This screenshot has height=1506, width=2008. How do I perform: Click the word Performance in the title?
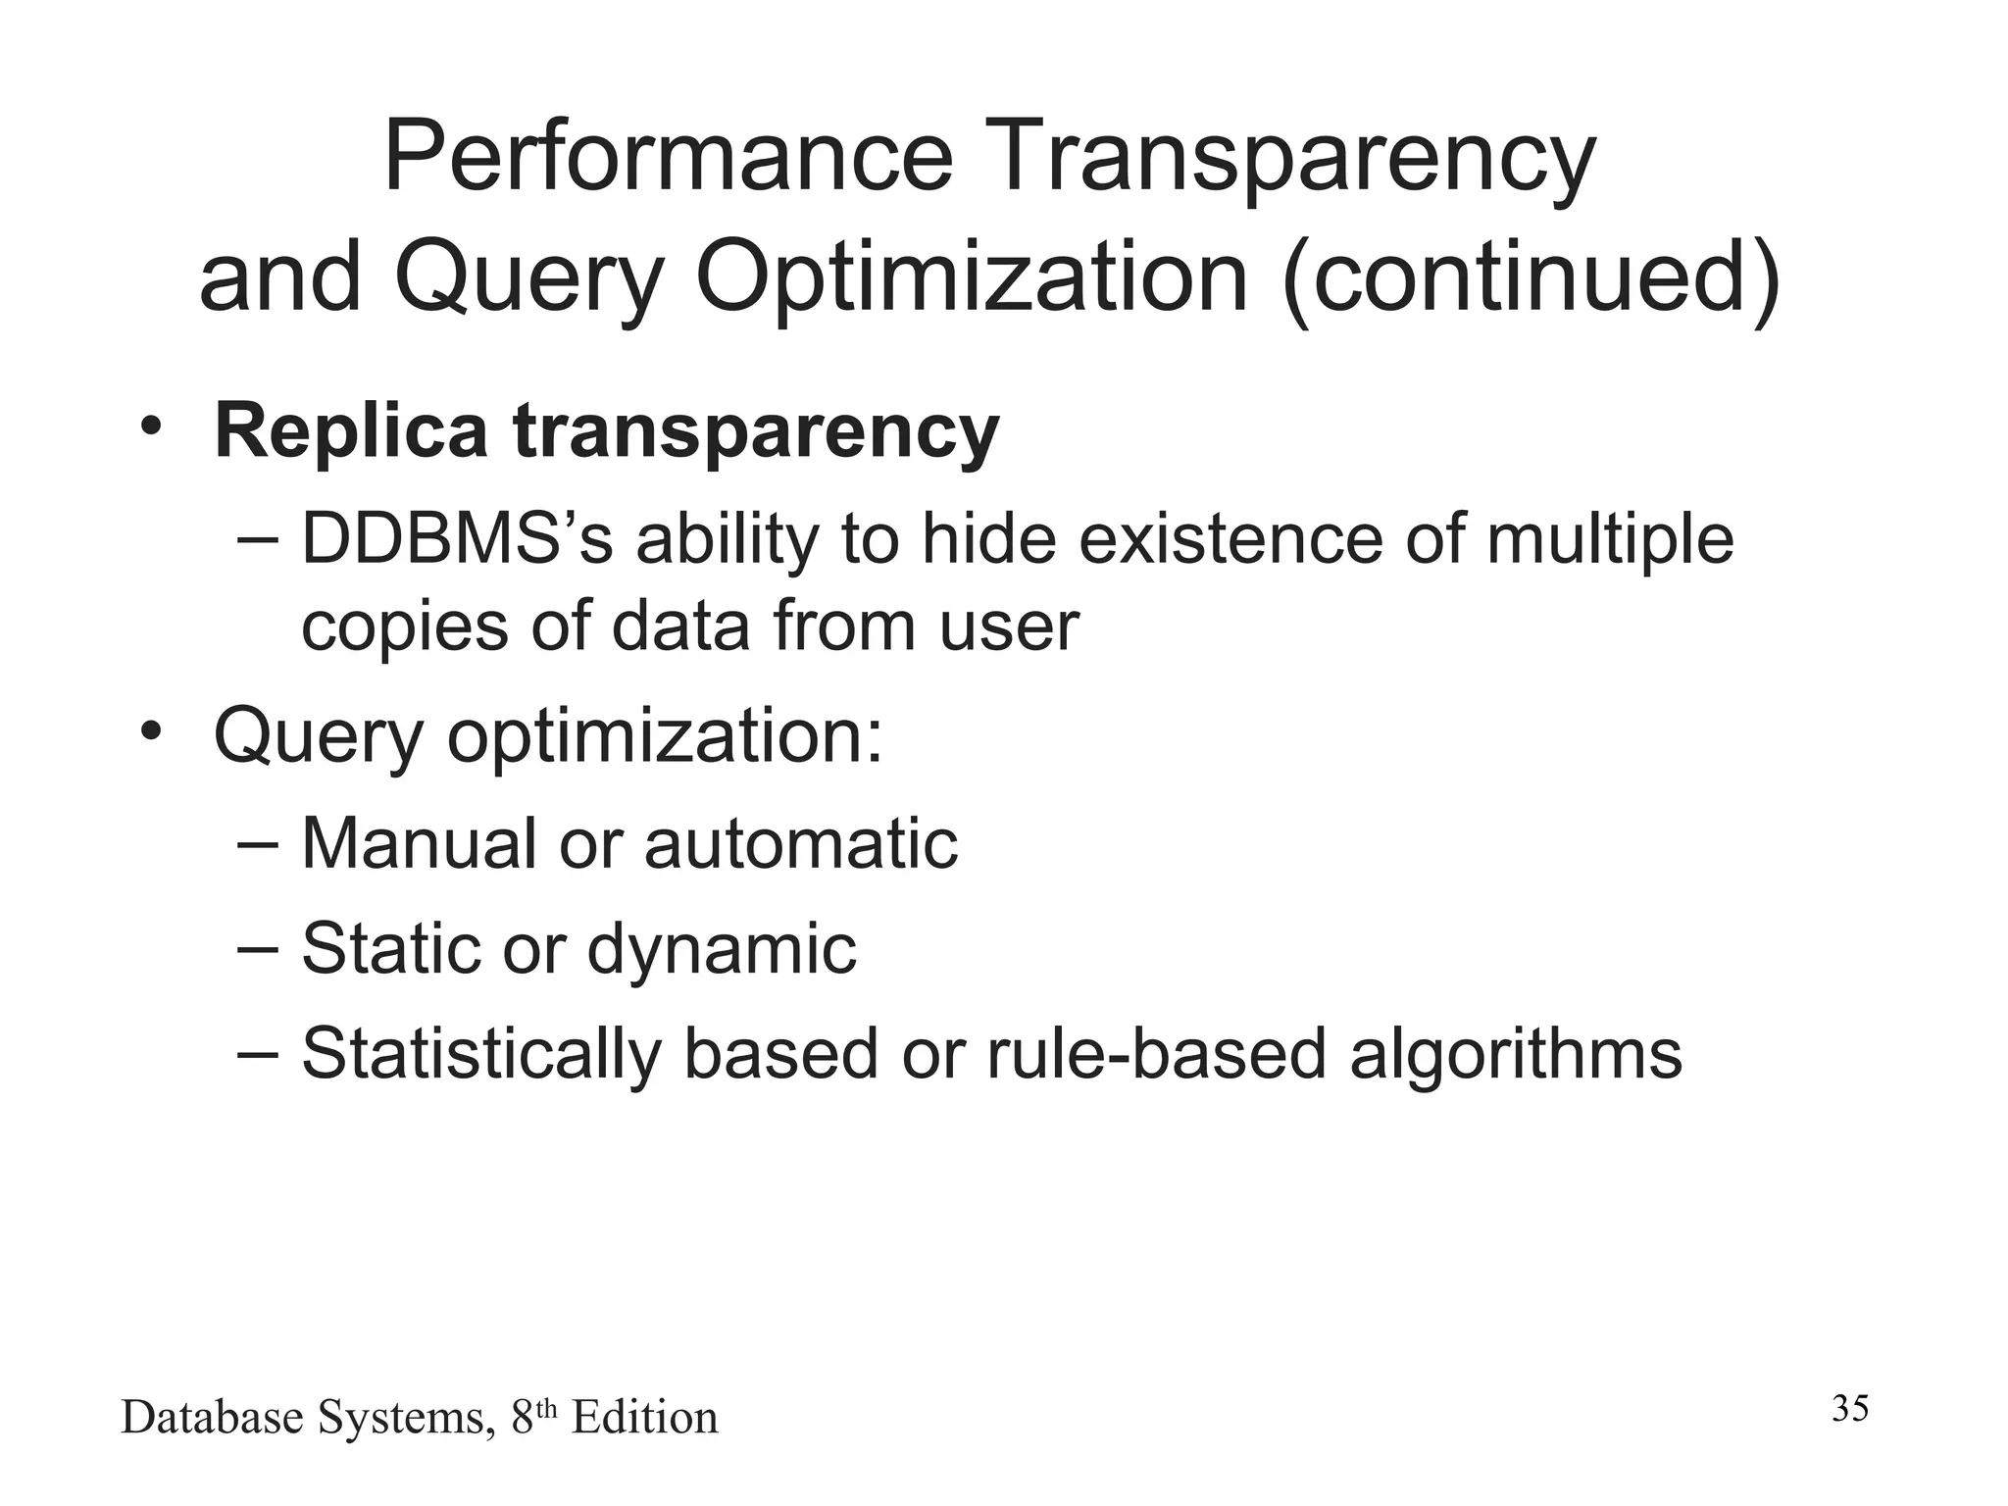(668, 157)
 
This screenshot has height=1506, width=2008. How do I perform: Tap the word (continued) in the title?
(1531, 277)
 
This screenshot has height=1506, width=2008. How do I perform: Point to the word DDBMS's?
(457, 540)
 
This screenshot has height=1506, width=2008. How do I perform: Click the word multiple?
(1609, 540)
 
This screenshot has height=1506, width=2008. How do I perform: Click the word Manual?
(419, 843)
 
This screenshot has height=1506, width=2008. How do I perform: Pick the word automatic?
(800, 843)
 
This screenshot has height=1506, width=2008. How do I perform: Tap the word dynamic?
(721, 949)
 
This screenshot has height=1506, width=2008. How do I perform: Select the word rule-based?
(1156, 1055)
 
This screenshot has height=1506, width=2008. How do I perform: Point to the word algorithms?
(1516, 1055)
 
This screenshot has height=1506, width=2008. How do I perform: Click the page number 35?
(1850, 1408)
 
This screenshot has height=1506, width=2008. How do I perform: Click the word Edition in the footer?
(644, 1418)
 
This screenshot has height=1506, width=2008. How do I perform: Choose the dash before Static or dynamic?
(258, 948)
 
